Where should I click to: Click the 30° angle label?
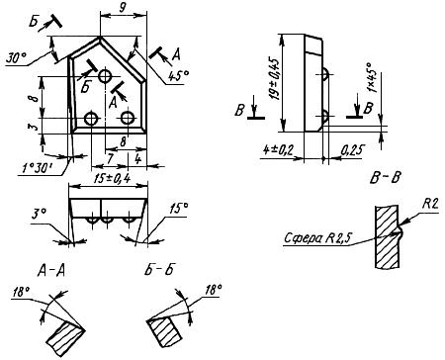tap(16, 58)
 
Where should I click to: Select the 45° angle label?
tap(178, 76)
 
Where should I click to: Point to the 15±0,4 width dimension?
tap(112, 179)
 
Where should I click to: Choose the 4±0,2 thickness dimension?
tap(278, 150)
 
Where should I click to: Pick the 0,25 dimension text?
tap(351, 150)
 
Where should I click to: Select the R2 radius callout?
tap(430, 205)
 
